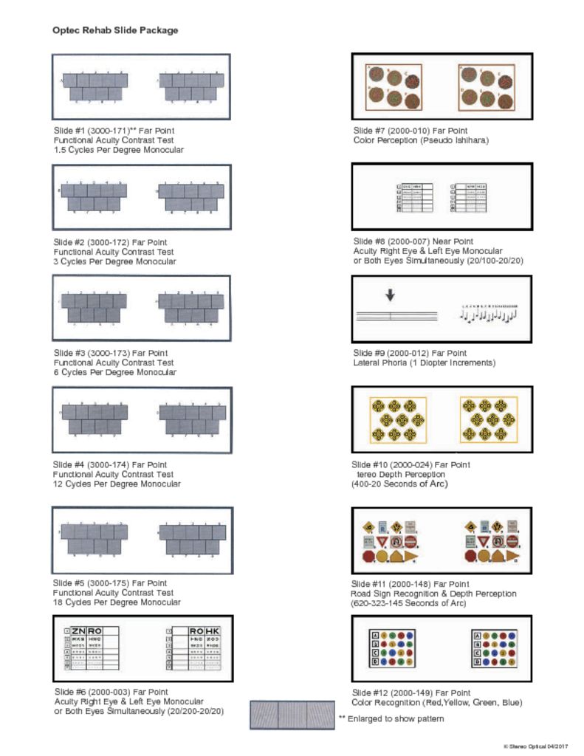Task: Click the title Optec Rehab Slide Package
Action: pyautogui.click(x=115, y=30)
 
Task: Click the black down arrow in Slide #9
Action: pyautogui.click(x=391, y=294)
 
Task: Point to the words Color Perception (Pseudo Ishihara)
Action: pyautogui.click(x=421, y=140)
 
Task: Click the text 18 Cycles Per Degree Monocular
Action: pyautogui.click(x=117, y=602)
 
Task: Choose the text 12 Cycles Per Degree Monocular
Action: pyautogui.click(x=117, y=484)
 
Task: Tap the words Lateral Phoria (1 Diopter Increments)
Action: pyautogui.click(x=424, y=363)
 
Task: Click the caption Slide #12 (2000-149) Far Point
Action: pyautogui.click(x=412, y=693)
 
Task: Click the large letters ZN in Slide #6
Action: pyautogui.click(x=79, y=631)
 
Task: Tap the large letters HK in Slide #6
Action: pyautogui.click(x=211, y=631)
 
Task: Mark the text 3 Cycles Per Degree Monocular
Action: pyautogui.click(x=114, y=261)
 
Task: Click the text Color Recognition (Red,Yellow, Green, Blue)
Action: pyautogui.click(x=437, y=703)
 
